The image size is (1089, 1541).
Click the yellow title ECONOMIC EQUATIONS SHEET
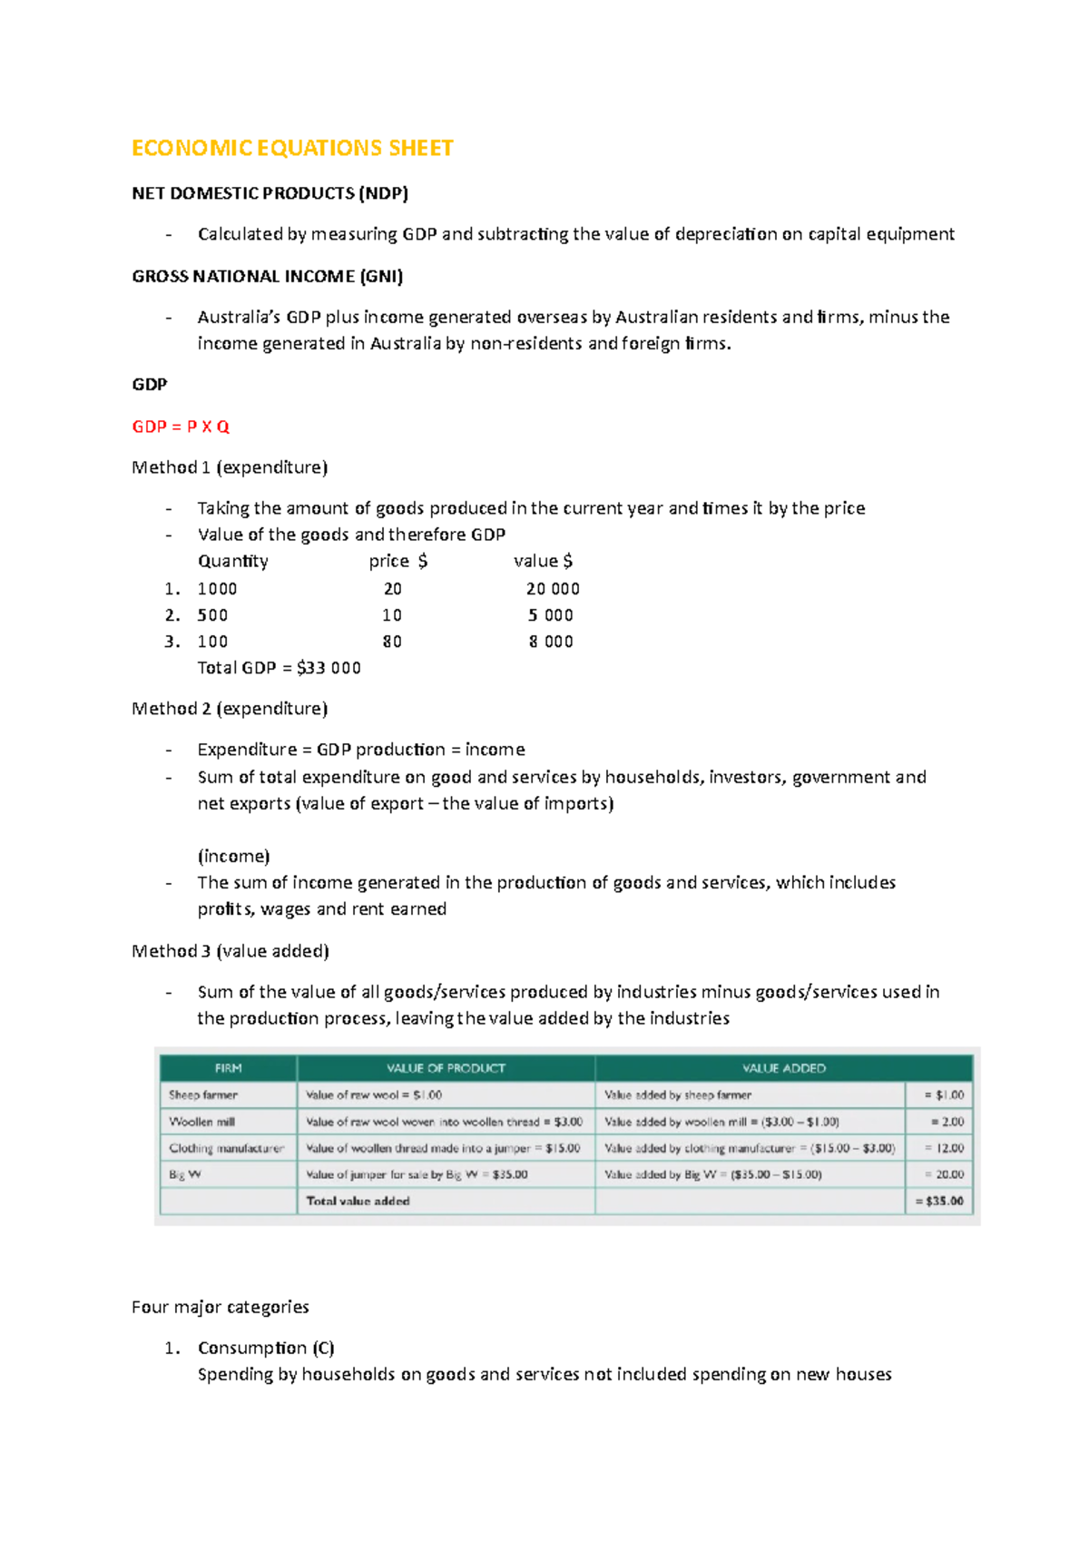292,148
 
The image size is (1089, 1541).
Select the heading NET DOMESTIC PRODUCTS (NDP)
270,193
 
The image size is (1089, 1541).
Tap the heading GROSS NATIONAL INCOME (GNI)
267,276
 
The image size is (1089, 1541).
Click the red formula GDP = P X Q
181,427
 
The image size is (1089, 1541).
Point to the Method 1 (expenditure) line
230,467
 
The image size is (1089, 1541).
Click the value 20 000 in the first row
552,589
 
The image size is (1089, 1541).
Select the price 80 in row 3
392,642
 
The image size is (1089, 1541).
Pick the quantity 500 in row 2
212,615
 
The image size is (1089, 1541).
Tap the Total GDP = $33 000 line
279,668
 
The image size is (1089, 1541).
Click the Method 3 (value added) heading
230,951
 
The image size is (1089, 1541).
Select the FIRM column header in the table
228,1068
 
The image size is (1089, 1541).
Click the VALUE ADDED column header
783,1068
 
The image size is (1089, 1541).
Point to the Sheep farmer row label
203,1095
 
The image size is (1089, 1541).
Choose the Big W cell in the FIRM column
185,1174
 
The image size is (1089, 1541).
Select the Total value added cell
358,1201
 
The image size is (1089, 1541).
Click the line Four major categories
220,1307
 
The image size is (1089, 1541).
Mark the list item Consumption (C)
266,1348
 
